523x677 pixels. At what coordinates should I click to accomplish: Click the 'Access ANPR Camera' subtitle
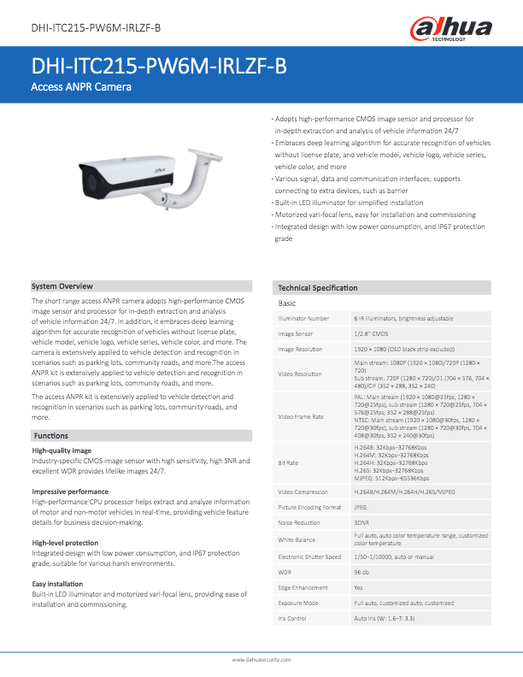click(81, 88)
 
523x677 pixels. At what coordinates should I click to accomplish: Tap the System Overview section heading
click(62, 286)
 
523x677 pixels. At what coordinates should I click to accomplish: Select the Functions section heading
click(50, 436)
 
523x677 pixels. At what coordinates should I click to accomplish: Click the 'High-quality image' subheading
click(61, 450)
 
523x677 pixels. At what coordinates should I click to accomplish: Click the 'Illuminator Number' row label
click(303, 318)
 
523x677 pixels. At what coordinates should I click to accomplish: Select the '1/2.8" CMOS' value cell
click(372, 333)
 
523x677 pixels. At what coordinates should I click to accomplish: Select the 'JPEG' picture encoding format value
click(362, 508)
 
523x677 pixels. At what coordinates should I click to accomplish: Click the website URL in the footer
click(261, 661)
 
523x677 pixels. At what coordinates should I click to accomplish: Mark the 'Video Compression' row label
click(303, 492)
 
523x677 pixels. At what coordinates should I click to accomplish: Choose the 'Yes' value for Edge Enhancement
click(359, 586)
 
